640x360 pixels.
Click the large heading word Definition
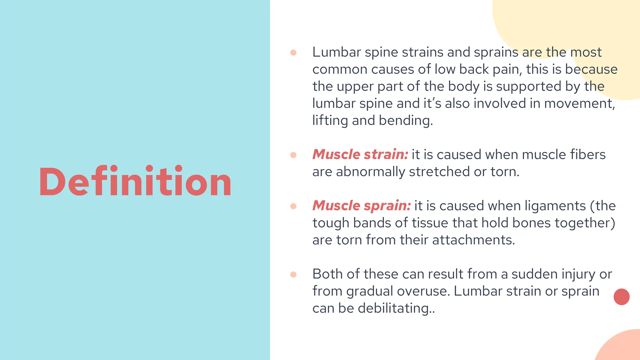tap(135, 181)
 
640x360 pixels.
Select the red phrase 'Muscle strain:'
tap(360, 154)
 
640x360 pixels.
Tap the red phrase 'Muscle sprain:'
tap(362, 206)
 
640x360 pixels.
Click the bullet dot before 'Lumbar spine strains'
tap(293, 52)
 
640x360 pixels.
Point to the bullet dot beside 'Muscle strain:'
tap(293, 155)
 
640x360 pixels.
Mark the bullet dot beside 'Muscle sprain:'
tap(293, 206)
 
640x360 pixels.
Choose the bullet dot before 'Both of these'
tap(293, 274)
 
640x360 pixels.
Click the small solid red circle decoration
tap(621, 297)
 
